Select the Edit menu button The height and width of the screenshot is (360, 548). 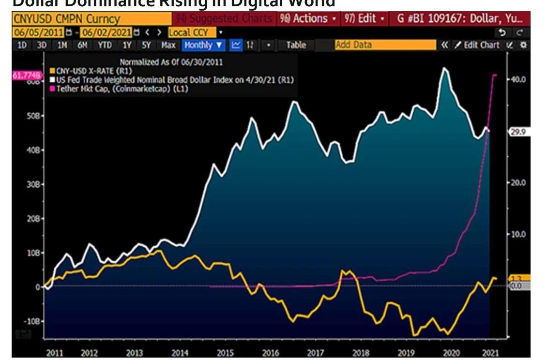tap(365, 19)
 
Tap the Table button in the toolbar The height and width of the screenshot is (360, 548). tap(296, 45)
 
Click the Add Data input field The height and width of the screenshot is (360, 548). tap(385, 45)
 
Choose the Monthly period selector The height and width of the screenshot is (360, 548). tap(204, 45)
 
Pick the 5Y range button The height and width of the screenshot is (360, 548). tap(146, 45)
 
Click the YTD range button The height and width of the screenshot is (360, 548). tap(104, 45)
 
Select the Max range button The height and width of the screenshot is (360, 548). tap(168, 45)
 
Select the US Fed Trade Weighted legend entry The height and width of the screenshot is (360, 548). tap(174, 80)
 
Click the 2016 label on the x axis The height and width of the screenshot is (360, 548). tap(270, 353)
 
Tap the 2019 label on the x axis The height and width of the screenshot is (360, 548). tap(405, 353)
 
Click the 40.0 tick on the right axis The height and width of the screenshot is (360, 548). tap(518, 79)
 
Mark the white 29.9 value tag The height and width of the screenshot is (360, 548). tap(518, 131)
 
